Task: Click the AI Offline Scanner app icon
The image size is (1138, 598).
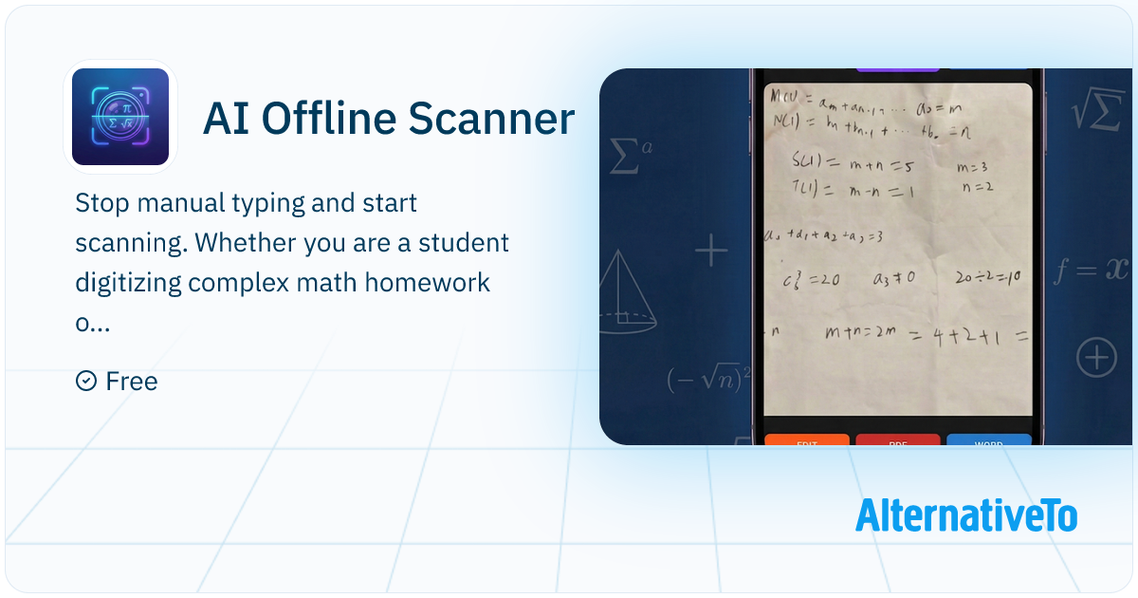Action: [x=120, y=117]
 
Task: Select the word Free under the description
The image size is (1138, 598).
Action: [x=132, y=382]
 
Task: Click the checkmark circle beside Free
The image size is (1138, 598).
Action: [x=85, y=382]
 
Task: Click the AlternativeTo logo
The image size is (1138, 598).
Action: [x=966, y=515]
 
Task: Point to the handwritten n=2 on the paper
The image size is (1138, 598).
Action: [x=976, y=187]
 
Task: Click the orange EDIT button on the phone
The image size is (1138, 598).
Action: [x=806, y=440]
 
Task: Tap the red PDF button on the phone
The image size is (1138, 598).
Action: [x=897, y=440]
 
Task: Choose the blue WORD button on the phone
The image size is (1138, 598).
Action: [x=988, y=440]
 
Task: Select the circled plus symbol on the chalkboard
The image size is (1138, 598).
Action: [x=1096, y=359]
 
